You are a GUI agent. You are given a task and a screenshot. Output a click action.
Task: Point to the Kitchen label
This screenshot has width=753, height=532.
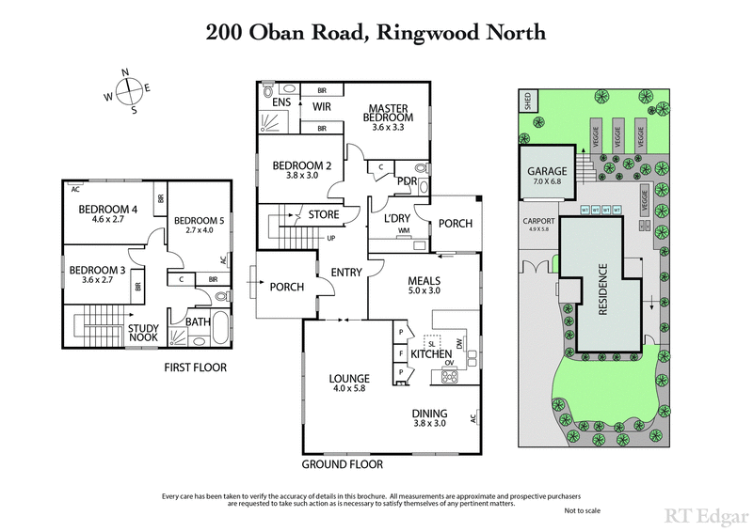432,353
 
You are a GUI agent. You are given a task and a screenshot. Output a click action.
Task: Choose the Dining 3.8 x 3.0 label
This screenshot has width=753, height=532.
428,417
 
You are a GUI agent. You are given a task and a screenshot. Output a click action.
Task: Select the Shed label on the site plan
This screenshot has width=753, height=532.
527,102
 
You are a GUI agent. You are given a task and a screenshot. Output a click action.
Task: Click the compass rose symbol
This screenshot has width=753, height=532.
128,91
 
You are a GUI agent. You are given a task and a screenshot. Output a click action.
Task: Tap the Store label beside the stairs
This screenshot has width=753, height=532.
324,215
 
